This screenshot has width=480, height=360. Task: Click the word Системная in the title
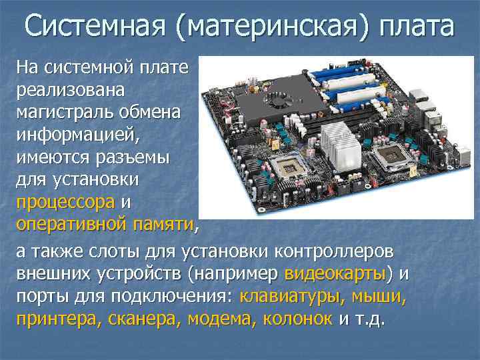(x=94, y=27)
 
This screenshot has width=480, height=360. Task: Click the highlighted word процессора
(x=67, y=201)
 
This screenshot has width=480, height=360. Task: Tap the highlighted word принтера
(x=56, y=318)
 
